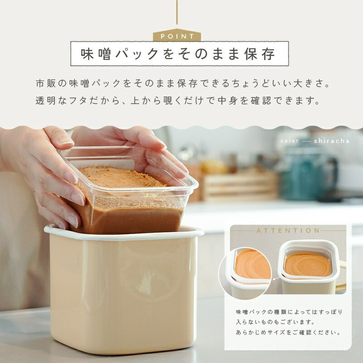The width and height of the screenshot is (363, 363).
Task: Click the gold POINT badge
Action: pos(177,35)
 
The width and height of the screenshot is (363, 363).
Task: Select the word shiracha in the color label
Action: pos(332,141)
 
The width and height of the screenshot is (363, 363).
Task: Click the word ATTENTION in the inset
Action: pos(288,231)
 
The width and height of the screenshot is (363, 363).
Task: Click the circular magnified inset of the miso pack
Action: pos(245,273)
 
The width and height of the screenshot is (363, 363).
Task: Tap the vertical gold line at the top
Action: pos(177,12)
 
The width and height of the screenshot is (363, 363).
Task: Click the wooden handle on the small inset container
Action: pos(341,275)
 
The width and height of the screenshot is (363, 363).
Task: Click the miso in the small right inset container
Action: pos(308,265)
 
